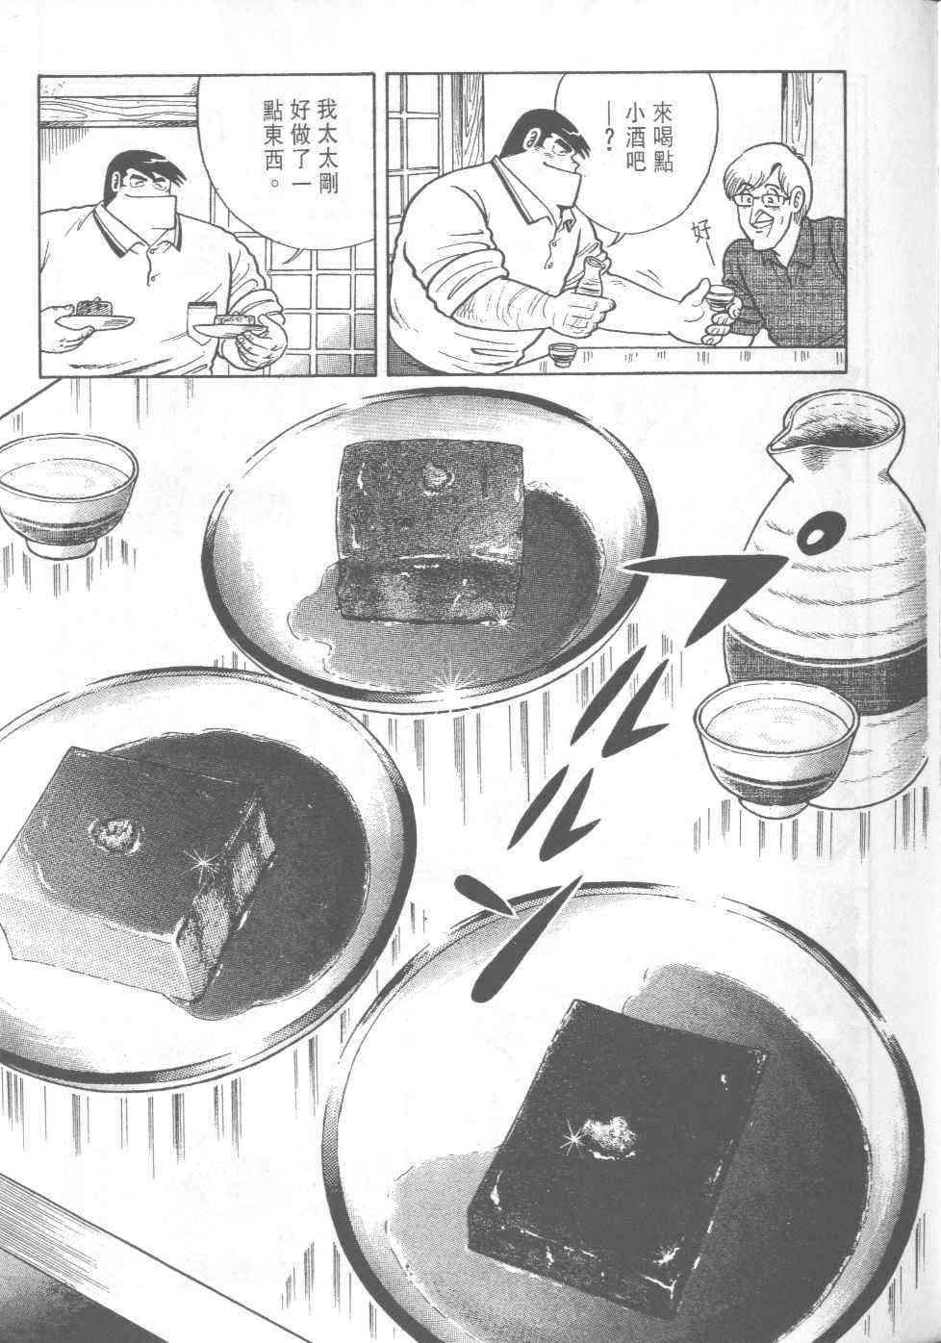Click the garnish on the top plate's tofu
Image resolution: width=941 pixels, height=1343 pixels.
(x=439, y=475)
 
